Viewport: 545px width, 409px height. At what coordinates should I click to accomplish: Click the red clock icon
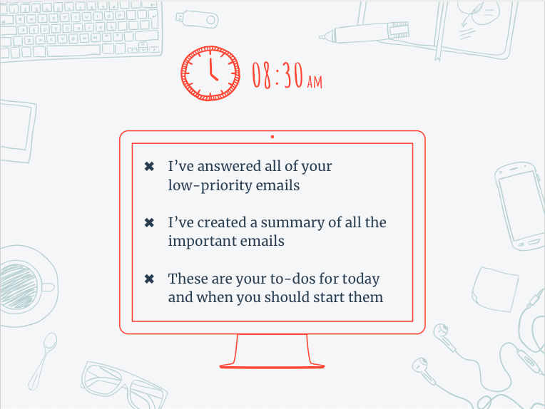click(210, 73)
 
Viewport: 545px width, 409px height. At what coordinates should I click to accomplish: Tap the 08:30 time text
click(277, 75)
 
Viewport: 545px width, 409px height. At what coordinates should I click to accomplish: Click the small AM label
click(315, 82)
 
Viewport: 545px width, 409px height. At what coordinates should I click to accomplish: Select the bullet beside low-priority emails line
click(149, 166)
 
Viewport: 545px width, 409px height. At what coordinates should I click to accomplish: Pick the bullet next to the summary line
click(149, 222)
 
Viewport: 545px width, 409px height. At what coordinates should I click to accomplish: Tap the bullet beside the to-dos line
click(149, 279)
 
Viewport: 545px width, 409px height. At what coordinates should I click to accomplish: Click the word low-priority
click(210, 186)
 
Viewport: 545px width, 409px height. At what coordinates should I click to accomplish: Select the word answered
click(229, 167)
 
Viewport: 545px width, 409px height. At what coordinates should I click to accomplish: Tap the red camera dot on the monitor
click(272, 137)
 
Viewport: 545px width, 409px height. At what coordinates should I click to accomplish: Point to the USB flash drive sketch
click(197, 19)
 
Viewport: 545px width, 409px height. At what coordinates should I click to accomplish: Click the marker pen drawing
click(365, 33)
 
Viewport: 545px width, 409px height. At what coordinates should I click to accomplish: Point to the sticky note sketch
click(495, 289)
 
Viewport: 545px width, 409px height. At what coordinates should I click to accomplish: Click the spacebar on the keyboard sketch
click(73, 51)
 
